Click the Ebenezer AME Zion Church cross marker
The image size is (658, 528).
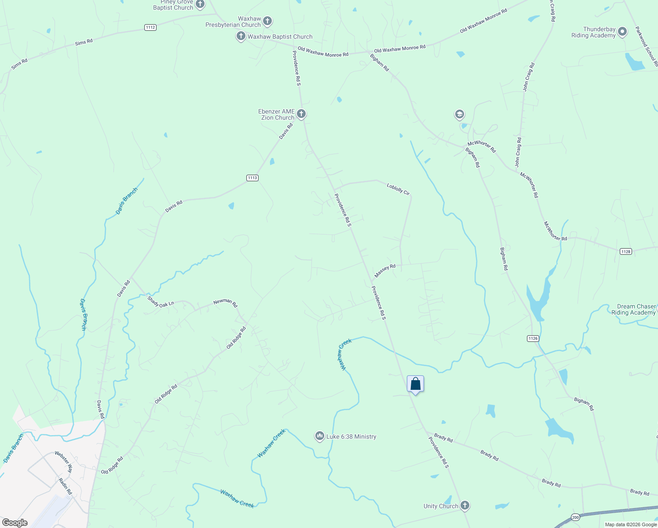pyautogui.click(x=301, y=114)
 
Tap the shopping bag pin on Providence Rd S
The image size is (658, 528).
pyautogui.click(x=415, y=384)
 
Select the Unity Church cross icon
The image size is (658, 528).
pyautogui.click(x=465, y=505)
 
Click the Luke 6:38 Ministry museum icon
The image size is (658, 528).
pyautogui.click(x=319, y=436)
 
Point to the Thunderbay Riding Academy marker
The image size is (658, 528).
pyautogui.click(x=622, y=32)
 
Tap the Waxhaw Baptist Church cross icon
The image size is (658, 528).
pyautogui.click(x=241, y=36)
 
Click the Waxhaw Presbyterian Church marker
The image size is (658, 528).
pyautogui.click(x=267, y=21)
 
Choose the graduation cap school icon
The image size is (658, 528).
pyautogui.click(x=459, y=115)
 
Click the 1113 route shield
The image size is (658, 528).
pyautogui.click(x=252, y=178)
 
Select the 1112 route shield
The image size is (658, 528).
pyautogui.click(x=150, y=27)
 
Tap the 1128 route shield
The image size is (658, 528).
pyautogui.click(x=625, y=251)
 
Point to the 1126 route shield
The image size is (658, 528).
pyautogui.click(x=533, y=338)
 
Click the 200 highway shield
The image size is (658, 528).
pyautogui.click(x=575, y=517)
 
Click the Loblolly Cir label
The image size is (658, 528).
pyautogui.click(x=398, y=189)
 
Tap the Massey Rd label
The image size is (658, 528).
pyautogui.click(x=385, y=271)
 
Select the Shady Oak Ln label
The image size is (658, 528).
pyautogui.click(x=161, y=301)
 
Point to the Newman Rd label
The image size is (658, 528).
pyautogui.click(x=225, y=302)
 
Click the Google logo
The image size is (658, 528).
pyautogui.click(x=15, y=522)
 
